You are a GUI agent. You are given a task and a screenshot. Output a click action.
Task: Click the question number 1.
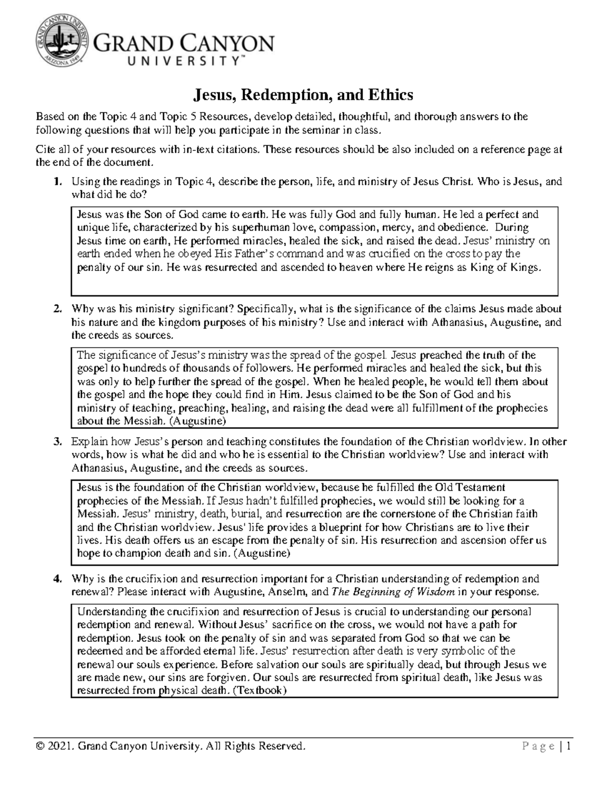[x=58, y=182]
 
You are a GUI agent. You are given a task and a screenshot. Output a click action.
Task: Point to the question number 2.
[x=58, y=309]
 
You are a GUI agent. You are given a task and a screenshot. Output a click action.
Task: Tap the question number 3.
[x=58, y=441]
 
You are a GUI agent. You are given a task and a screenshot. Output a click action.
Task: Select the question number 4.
[x=58, y=578]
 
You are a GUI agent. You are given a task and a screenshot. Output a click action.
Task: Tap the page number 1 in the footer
[x=569, y=747]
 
